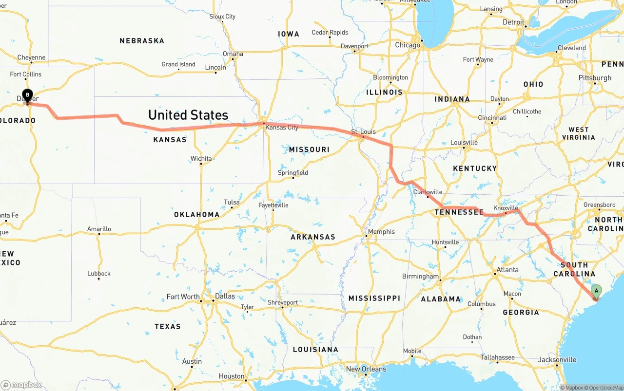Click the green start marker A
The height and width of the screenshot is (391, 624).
[x=596, y=291]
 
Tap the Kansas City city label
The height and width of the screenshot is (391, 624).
[x=282, y=128]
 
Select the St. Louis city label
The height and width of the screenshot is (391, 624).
[x=363, y=132]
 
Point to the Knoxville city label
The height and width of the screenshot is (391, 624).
[x=506, y=208]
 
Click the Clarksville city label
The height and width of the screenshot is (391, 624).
[x=428, y=192]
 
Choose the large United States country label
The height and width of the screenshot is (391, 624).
[x=188, y=115]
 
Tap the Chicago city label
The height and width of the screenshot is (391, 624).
[x=408, y=45]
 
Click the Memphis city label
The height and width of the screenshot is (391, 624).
[x=381, y=232]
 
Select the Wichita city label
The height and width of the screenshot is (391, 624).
[x=201, y=159]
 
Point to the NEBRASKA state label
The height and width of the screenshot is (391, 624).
[x=142, y=41]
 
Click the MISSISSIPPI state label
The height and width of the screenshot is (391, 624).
[x=374, y=298]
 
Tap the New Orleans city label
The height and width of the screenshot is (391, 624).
[x=366, y=369]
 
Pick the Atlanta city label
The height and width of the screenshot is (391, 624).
[x=507, y=270]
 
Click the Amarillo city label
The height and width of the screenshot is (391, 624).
[x=99, y=229]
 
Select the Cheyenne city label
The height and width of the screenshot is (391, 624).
[x=31, y=57]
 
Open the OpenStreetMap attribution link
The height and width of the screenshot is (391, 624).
[x=602, y=388]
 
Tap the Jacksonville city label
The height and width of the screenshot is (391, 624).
[x=557, y=360]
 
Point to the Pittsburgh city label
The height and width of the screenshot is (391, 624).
[x=595, y=78]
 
